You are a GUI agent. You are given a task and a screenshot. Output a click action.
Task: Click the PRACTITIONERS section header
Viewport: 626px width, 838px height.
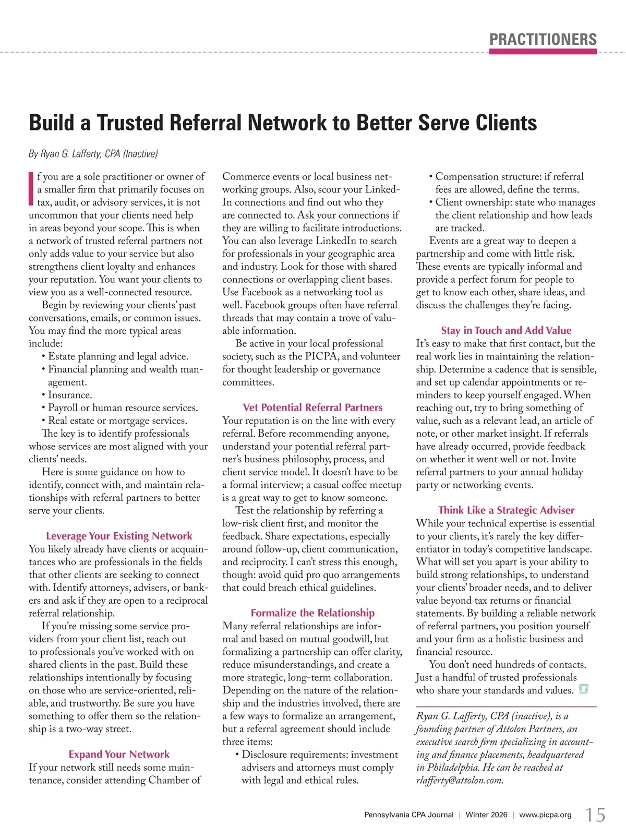tap(543, 40)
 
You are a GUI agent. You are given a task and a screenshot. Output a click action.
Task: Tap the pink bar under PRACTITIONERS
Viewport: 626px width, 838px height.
tap(543, 52)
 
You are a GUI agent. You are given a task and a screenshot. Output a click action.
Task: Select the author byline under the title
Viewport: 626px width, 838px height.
tap(93, 154)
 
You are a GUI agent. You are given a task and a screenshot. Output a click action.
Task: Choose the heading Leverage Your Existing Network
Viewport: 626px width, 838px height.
tap(119, 536)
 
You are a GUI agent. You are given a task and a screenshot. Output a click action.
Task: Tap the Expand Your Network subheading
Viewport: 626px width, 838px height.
tap(119, 754)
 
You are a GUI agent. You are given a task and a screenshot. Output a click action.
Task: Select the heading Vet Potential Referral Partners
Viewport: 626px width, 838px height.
tap(312, 408)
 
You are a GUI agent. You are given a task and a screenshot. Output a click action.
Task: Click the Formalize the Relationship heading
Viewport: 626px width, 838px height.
tap(312, 613)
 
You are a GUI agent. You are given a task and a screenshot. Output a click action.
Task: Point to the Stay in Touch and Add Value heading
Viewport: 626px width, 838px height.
tap(506, 330)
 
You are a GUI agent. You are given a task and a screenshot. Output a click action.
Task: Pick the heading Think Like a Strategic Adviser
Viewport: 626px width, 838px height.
tap(506, 510)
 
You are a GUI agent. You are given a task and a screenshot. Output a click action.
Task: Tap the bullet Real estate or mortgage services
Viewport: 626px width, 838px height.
tap(117, 421)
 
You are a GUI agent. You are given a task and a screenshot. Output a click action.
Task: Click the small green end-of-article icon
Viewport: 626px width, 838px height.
tap(584, 690)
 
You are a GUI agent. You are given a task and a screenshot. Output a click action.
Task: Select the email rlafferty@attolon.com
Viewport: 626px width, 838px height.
tap(460, 781)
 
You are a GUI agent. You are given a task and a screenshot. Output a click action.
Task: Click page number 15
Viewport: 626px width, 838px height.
tap(595, 815)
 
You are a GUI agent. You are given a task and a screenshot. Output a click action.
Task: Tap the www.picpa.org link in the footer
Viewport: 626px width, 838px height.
tap(545, 815)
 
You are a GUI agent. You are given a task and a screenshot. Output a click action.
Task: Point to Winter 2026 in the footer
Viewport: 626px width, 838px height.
tap(486, 815)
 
